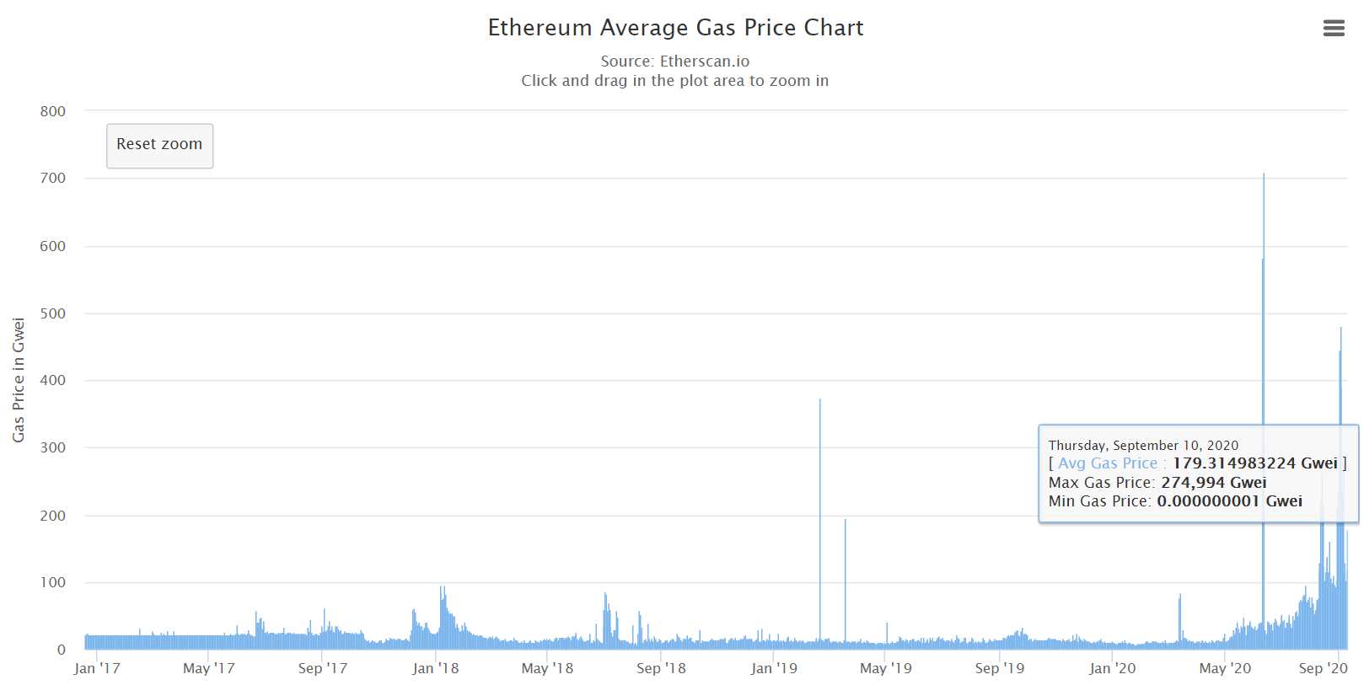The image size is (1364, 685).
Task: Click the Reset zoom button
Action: [159, 145]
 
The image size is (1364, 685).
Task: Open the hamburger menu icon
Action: [1334, 29]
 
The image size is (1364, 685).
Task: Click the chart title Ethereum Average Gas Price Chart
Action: [675, 28]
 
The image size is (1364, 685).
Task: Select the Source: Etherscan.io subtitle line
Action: [674, 61]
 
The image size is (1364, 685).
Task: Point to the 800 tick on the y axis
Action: [53, 111]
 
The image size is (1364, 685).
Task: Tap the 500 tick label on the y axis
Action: [53, 313]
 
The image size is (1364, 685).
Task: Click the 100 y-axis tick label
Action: [53, 582]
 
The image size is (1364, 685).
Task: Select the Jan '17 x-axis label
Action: [97, 668]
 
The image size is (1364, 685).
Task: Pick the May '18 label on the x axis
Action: [547, 668]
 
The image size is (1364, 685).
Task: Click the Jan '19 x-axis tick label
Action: [774, 668]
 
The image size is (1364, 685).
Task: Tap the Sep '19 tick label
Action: [1000, 668]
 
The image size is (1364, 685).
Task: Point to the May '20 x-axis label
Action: [1225, 668]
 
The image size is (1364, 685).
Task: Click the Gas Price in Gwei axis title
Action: [19, 380]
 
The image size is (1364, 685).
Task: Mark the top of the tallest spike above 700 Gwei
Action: [1264, 175]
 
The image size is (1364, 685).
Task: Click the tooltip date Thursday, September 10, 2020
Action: [1143, 445]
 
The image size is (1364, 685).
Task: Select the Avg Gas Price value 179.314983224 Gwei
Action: [1254, 463]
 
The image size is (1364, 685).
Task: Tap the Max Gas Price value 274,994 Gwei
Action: [1213, 483]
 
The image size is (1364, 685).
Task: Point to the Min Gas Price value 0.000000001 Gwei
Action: [1229, 501]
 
